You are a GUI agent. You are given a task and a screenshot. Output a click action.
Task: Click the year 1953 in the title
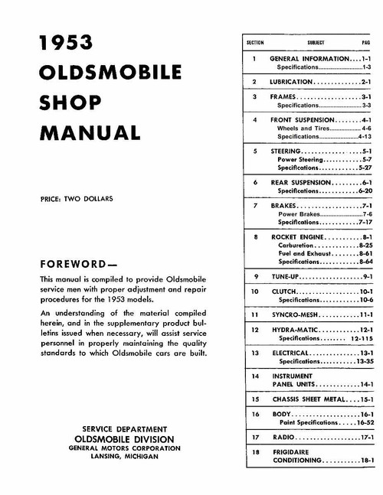[x=67, y=44]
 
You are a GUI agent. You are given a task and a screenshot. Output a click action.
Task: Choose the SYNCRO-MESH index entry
[x=301, y=314]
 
